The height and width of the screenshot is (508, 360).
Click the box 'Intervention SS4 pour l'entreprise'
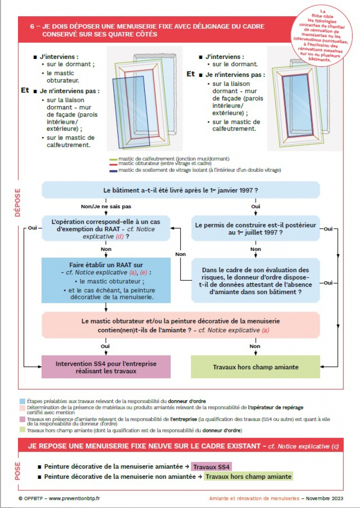(x=106, y=367)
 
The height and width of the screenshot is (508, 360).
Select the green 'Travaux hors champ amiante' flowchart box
(x=255, y=367)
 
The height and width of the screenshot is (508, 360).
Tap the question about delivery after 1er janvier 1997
(x=180, y=190)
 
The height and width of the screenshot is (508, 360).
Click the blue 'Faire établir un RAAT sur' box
(x=106, y=280)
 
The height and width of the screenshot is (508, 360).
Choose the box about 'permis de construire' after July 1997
(x=255, y=229)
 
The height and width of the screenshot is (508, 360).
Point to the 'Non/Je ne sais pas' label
(x=100, y=207)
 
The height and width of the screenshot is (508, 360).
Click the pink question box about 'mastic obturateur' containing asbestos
(x=180, y=325)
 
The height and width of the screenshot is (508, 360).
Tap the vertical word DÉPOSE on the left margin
(x=18, y=202)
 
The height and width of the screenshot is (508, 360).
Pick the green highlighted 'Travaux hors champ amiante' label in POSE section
(x=248, y=476)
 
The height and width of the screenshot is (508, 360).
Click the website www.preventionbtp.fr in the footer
(x=74, y=498)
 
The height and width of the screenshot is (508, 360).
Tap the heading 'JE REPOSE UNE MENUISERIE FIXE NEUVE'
(x=144, y=446)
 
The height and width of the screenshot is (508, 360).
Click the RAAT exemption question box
(x=106, y=229)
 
